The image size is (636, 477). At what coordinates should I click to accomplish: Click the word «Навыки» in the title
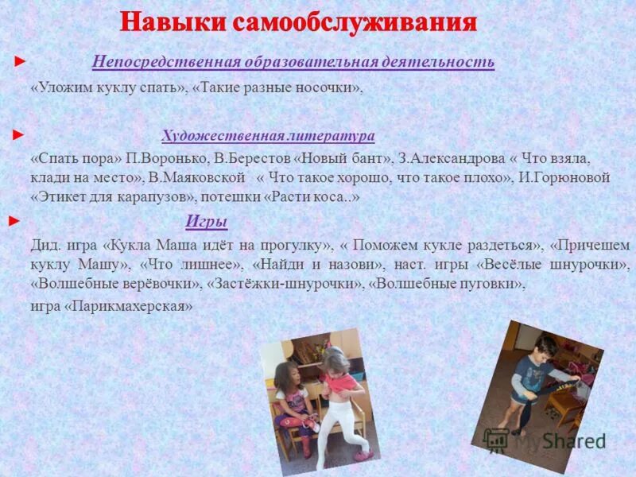[x=172, y=22]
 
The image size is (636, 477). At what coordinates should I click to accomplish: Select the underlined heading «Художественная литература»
[x=268, y=135]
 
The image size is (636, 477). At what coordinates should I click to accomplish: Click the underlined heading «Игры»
[x=207, y=222]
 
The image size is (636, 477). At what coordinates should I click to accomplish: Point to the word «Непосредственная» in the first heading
[x=154, y=62]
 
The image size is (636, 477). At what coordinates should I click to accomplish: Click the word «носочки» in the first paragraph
[x=328, y=89]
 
